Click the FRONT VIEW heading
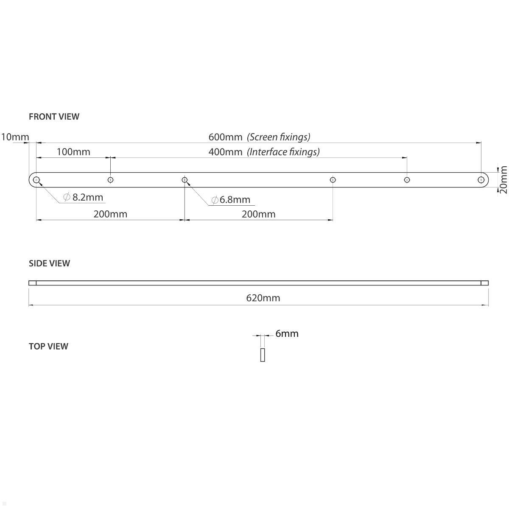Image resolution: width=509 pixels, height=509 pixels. coord(54,117)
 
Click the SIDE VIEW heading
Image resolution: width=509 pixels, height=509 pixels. coord(49,263)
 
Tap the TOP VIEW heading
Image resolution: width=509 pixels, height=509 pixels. coord(48,346)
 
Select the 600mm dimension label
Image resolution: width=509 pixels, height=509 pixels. coord(225,137)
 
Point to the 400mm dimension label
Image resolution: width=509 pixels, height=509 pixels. coord(225,152)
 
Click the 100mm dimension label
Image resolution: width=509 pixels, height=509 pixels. coord(73,152)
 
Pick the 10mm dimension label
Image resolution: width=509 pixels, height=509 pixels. coord(15,137)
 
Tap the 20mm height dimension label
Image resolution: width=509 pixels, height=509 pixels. coord(503,179)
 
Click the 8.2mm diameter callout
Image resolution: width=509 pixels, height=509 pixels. coord(83,197)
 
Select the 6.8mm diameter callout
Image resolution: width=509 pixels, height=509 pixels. coord(230,200)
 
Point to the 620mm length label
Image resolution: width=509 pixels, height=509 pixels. coord(263,298)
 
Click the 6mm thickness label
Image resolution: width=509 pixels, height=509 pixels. coord(287,334)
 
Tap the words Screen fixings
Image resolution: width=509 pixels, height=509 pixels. coord(279,137)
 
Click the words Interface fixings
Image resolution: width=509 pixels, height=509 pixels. coord(283,152)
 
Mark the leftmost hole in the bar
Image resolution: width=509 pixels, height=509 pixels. coord(36,180)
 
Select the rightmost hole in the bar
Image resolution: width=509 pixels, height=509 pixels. coord(481,180)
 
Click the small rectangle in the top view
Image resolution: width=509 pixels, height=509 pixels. coord(263,355)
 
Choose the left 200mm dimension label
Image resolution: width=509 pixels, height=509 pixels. coord(110,214)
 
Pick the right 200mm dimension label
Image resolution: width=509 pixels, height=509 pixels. coord(258,214)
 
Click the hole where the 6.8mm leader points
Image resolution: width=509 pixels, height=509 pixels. coord(185,180)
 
